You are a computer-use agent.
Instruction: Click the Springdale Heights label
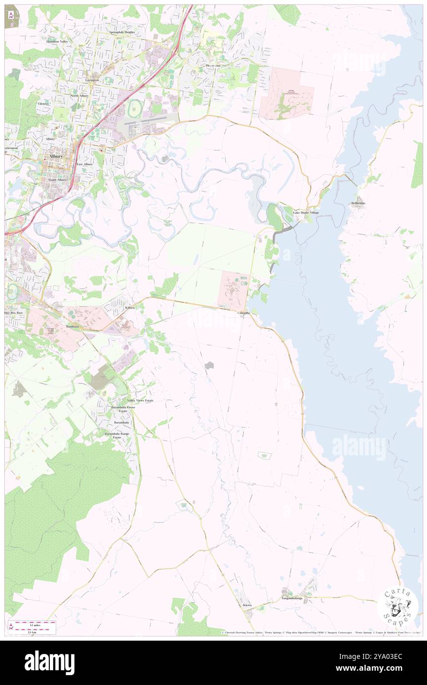pos(122,32)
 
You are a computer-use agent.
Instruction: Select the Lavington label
pos(92,80)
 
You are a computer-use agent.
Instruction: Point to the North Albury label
pos(81,96)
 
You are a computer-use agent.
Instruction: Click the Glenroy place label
pos(44,104)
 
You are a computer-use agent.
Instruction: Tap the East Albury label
pos(85,164)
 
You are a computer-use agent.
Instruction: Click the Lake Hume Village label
pos(306,212)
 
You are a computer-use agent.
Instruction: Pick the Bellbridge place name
pos(359,203)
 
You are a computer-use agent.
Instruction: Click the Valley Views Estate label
pos(141,401)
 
